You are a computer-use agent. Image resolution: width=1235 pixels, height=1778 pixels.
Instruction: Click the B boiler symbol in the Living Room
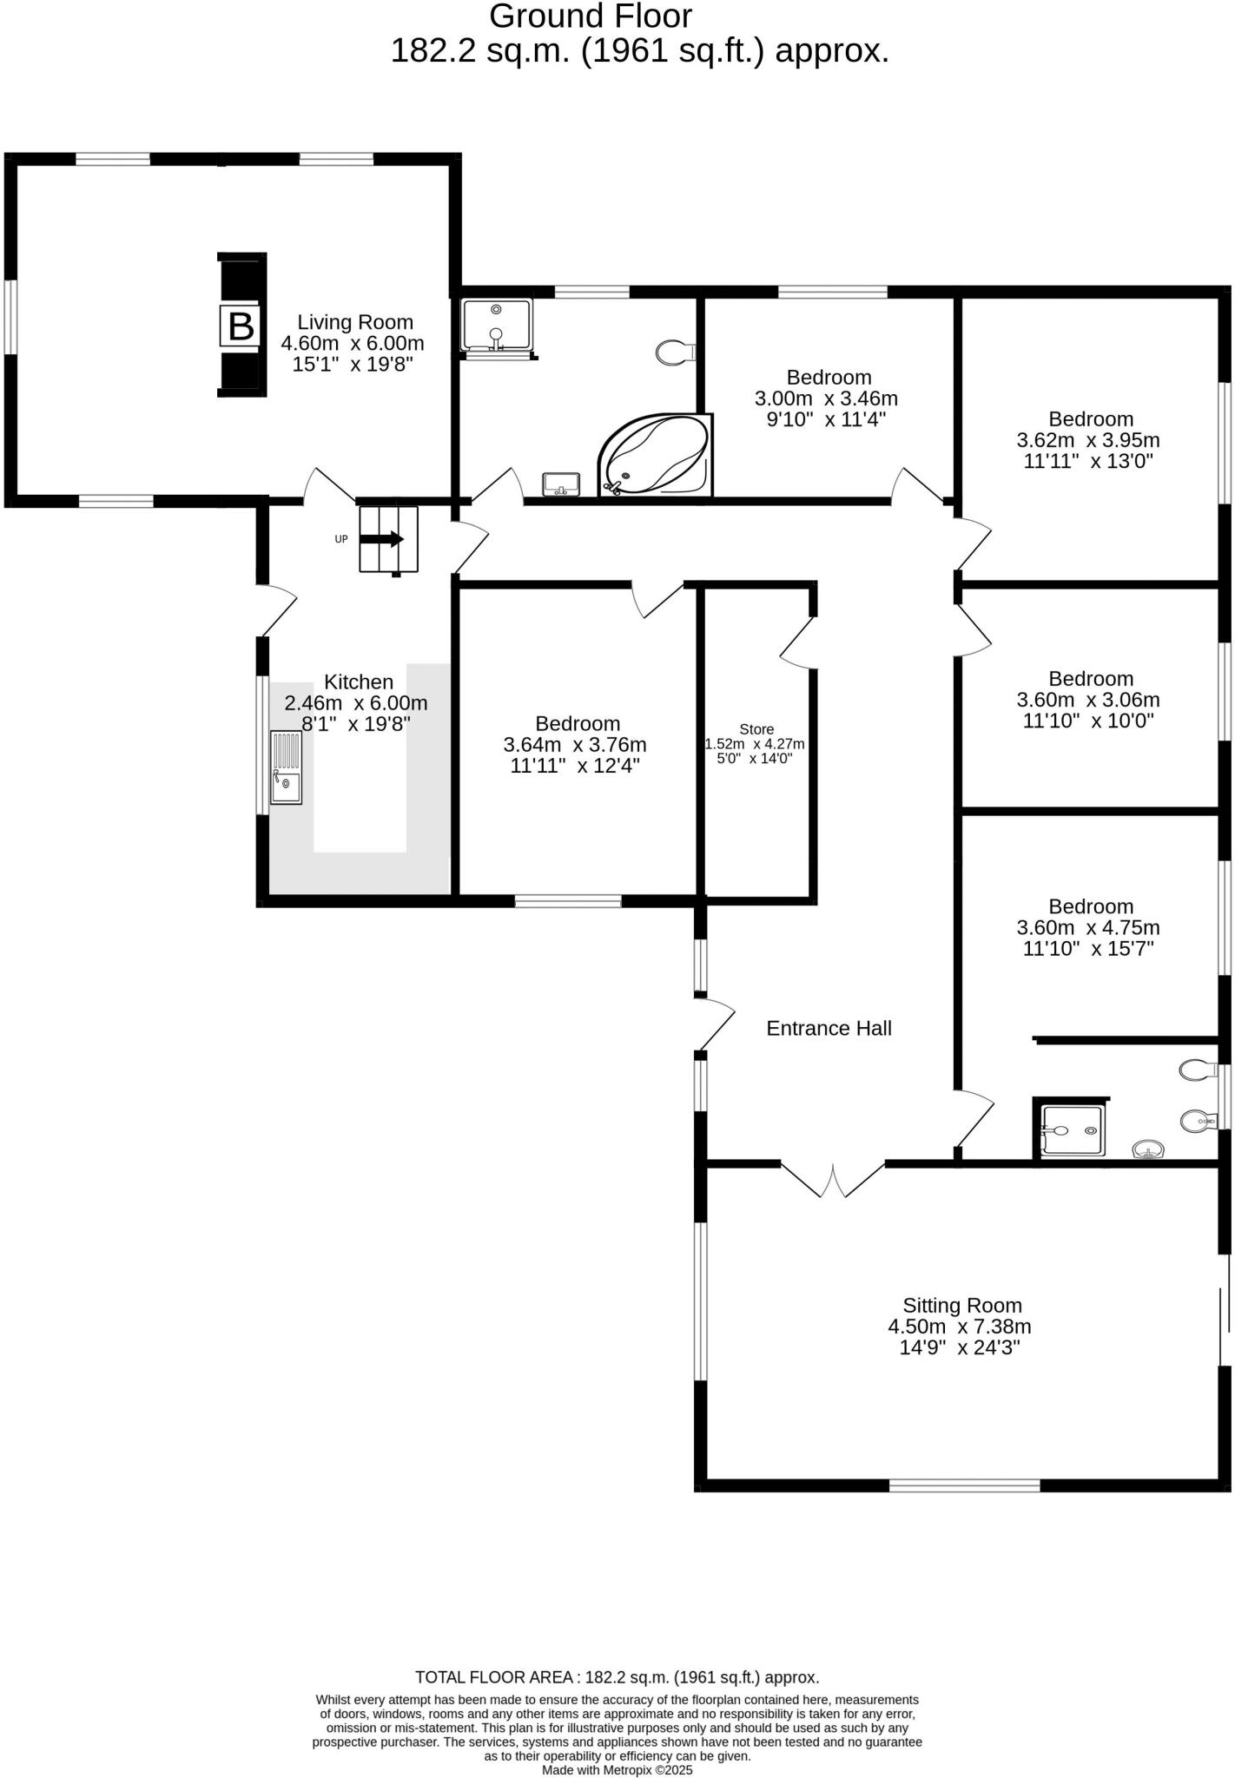pos(241,326)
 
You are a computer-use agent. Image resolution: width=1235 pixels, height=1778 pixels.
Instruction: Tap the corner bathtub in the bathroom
pos(656,456)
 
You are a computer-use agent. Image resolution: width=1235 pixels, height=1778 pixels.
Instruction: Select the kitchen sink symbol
pos(286,767)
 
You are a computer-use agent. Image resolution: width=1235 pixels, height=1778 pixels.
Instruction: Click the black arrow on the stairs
pos(382,539)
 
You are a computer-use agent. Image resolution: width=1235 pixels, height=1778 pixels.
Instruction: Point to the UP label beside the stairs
pos(341,539)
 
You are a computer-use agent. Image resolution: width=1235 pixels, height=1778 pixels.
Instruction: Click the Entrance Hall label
pos(829,1029)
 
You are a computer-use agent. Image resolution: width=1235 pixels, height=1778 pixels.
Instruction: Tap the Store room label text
pos(756,729)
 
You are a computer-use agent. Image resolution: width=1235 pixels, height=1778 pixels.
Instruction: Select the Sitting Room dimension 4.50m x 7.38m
pos(959,1327)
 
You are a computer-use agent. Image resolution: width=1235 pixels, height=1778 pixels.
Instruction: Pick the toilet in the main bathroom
pos(675,352)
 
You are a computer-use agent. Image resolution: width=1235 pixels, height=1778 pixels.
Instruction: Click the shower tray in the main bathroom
pos(496,326)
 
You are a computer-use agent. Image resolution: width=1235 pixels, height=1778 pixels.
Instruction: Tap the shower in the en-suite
pos(1073,1130)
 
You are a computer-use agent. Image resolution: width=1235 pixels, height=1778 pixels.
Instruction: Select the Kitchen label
pos(359,682)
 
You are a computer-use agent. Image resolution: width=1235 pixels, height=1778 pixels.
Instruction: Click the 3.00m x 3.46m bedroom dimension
pos(826,399)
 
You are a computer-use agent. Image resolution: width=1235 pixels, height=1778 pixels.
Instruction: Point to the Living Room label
pos(355,323)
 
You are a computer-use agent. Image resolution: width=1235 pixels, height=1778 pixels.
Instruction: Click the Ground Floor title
pos(591,16)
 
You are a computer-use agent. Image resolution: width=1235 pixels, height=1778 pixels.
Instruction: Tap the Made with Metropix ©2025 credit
pos(617,1769)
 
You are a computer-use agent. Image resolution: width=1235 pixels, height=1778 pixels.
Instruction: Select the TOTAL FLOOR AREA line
pos(617,1677)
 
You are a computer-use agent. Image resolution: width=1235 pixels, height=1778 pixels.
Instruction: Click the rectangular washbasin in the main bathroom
pos(561,484)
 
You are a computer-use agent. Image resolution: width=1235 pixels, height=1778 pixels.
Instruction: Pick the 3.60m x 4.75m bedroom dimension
pos(1088,927)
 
